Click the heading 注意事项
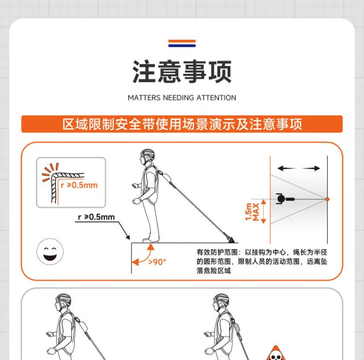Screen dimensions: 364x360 182,71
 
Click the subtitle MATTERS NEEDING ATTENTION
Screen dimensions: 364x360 182,98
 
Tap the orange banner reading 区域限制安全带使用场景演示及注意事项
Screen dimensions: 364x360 182,124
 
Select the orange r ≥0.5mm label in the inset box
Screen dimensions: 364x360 79,185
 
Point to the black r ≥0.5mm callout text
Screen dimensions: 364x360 97,217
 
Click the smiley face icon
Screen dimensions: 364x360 50,252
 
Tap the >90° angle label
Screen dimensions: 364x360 157,262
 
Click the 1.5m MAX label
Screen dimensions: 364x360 252,212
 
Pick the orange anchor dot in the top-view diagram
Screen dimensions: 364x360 327,199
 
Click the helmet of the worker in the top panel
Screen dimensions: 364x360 148,154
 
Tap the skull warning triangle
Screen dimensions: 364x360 276,353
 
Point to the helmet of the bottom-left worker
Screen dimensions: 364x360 64,300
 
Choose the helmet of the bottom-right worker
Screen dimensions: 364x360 221,299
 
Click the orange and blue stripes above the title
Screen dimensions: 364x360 182,43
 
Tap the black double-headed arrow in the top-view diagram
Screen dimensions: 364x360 299,168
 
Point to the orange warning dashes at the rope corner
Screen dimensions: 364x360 50,172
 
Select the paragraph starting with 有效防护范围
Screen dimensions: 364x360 262,261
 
